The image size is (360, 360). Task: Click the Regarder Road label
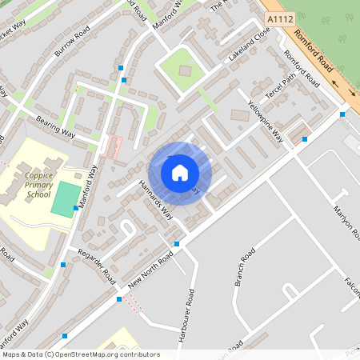point(96,264)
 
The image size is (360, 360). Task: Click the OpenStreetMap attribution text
point(81,354)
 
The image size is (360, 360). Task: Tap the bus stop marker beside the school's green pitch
point(76,208)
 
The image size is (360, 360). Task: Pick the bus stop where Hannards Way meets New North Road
point(177,244)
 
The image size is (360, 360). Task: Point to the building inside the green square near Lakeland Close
point(186,70)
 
